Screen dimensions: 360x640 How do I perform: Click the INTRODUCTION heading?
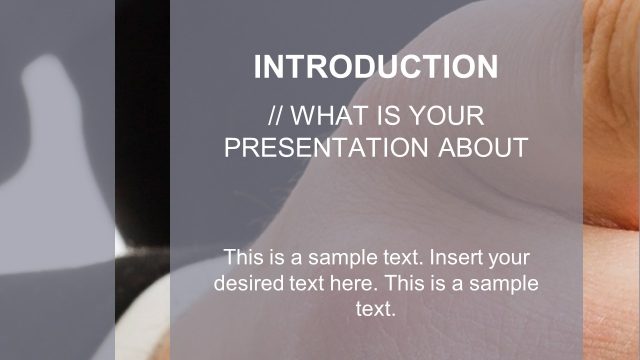click(376, 67)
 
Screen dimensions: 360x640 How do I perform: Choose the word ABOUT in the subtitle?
click(483, 148)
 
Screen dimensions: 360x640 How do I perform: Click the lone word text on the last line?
click(376, 309)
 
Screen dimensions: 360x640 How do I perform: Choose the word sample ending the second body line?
click(506, 283)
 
